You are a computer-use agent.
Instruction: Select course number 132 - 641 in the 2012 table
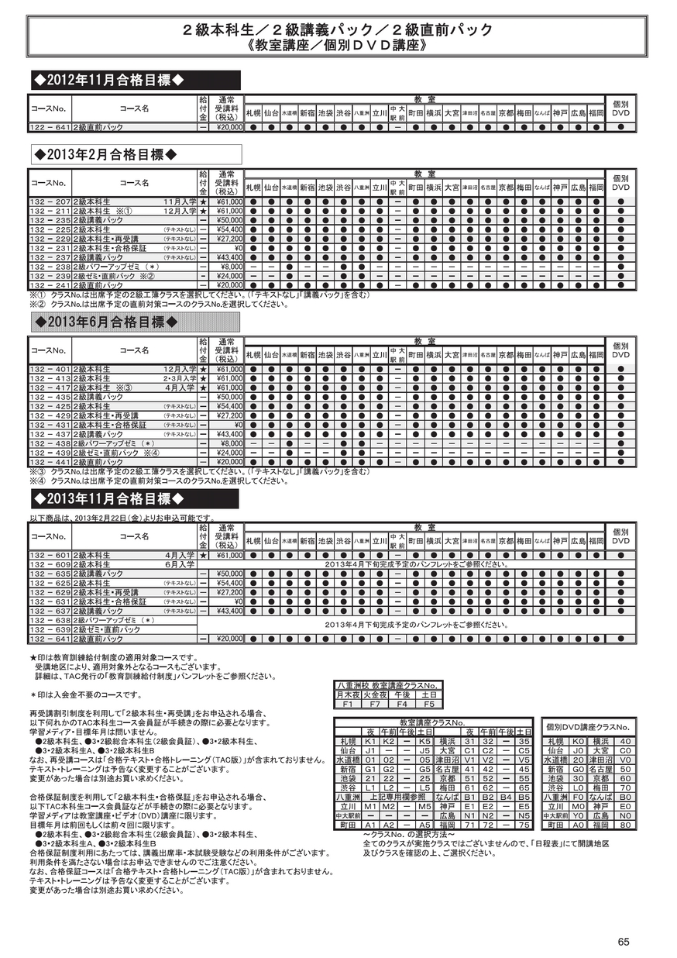pyautogui.click(x=50, y=128)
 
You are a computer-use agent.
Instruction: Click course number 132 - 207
pyautogui.click(x=50, y=202)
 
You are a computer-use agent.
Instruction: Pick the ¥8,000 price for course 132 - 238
pyautogui.click(x=232, y=267)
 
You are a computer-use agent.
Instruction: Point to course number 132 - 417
pyautogui.click(x=50, y=388)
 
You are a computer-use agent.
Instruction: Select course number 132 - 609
pyautogui.click(x=50, y=564)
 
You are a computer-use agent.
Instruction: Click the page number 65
pyautogui.click(x=624, y=942)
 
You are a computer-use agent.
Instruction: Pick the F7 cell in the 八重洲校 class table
pyautogui.click(x=375, y=705)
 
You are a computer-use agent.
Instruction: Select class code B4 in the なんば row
pyautogui.click(x=506, y=796)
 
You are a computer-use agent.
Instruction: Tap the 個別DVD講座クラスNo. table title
pyautogui.click(x=589, y=728)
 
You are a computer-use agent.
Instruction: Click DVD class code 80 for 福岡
pyautogui.click(x=625, y=825)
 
